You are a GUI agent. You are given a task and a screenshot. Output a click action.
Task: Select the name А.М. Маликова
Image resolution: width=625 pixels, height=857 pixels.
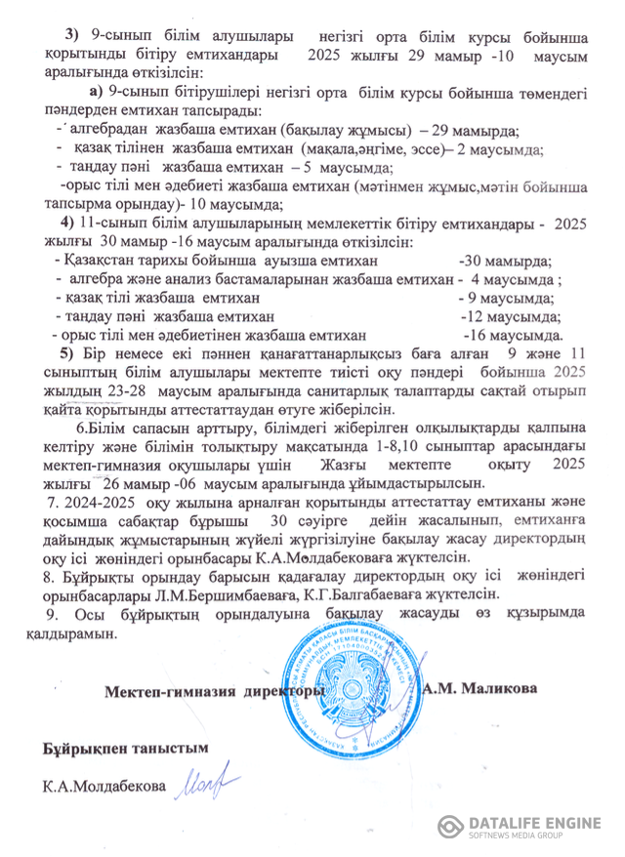click(x=479, y=688)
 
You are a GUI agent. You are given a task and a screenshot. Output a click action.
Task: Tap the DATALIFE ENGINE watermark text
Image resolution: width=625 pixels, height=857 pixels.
click(x=534, y=823)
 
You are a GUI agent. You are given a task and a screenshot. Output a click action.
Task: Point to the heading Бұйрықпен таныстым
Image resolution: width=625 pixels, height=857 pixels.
click(x=126, y=748)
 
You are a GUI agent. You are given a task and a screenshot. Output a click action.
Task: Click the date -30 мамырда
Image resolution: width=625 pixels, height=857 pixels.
click(x=505, y=261)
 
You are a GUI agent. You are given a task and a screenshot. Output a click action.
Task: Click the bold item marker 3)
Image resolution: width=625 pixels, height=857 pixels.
click(x=70, y=35)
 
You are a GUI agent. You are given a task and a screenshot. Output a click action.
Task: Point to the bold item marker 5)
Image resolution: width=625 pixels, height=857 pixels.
click(x=66, y=352)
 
